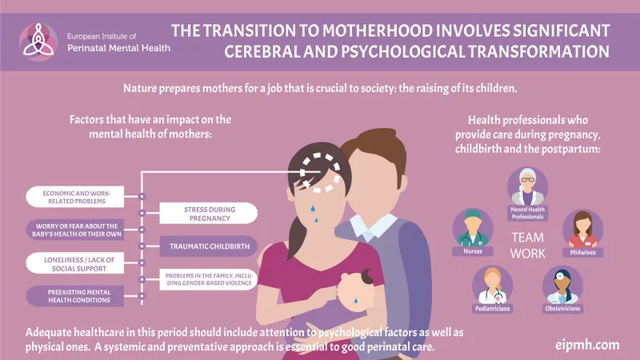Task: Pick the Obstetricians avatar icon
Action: (562, 284)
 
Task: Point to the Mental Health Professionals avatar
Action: (528, 186)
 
